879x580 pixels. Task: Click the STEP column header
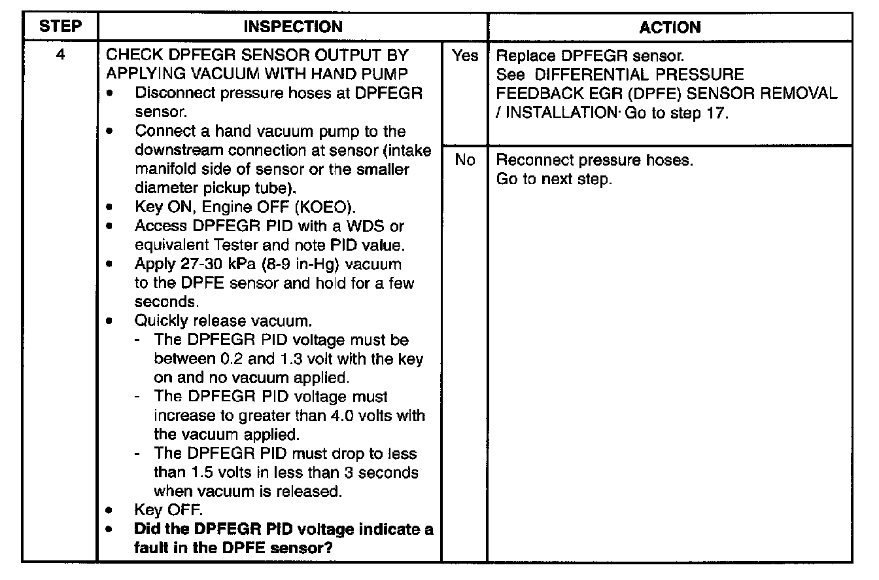pos(60,27)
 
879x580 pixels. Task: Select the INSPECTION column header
pos(292,27)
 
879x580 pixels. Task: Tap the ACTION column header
pos(670,27)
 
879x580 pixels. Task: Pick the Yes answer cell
pos(464,56)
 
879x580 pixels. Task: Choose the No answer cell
pos(464,160)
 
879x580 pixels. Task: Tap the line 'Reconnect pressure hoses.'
pos(594,160)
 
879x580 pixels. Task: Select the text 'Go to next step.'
pos(554,179)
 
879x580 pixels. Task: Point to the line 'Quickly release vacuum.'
pos(223,321)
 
